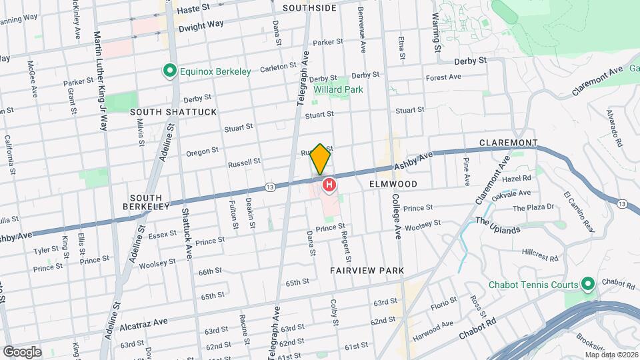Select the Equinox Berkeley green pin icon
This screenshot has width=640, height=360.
point(170,71)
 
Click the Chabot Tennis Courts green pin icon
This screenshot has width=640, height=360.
point(588,285)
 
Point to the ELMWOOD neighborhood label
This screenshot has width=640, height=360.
point(393,184)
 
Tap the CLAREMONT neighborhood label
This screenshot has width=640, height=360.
point(509,143)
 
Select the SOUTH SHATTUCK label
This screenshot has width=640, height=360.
point(173,112)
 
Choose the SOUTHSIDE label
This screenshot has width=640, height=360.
point(309,8)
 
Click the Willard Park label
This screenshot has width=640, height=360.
point(339,89)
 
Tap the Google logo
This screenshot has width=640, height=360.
point(21,351)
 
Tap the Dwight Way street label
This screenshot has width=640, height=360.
point(200,24)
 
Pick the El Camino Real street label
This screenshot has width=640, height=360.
point(579,212)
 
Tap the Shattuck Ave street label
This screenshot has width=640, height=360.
point(187,234)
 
